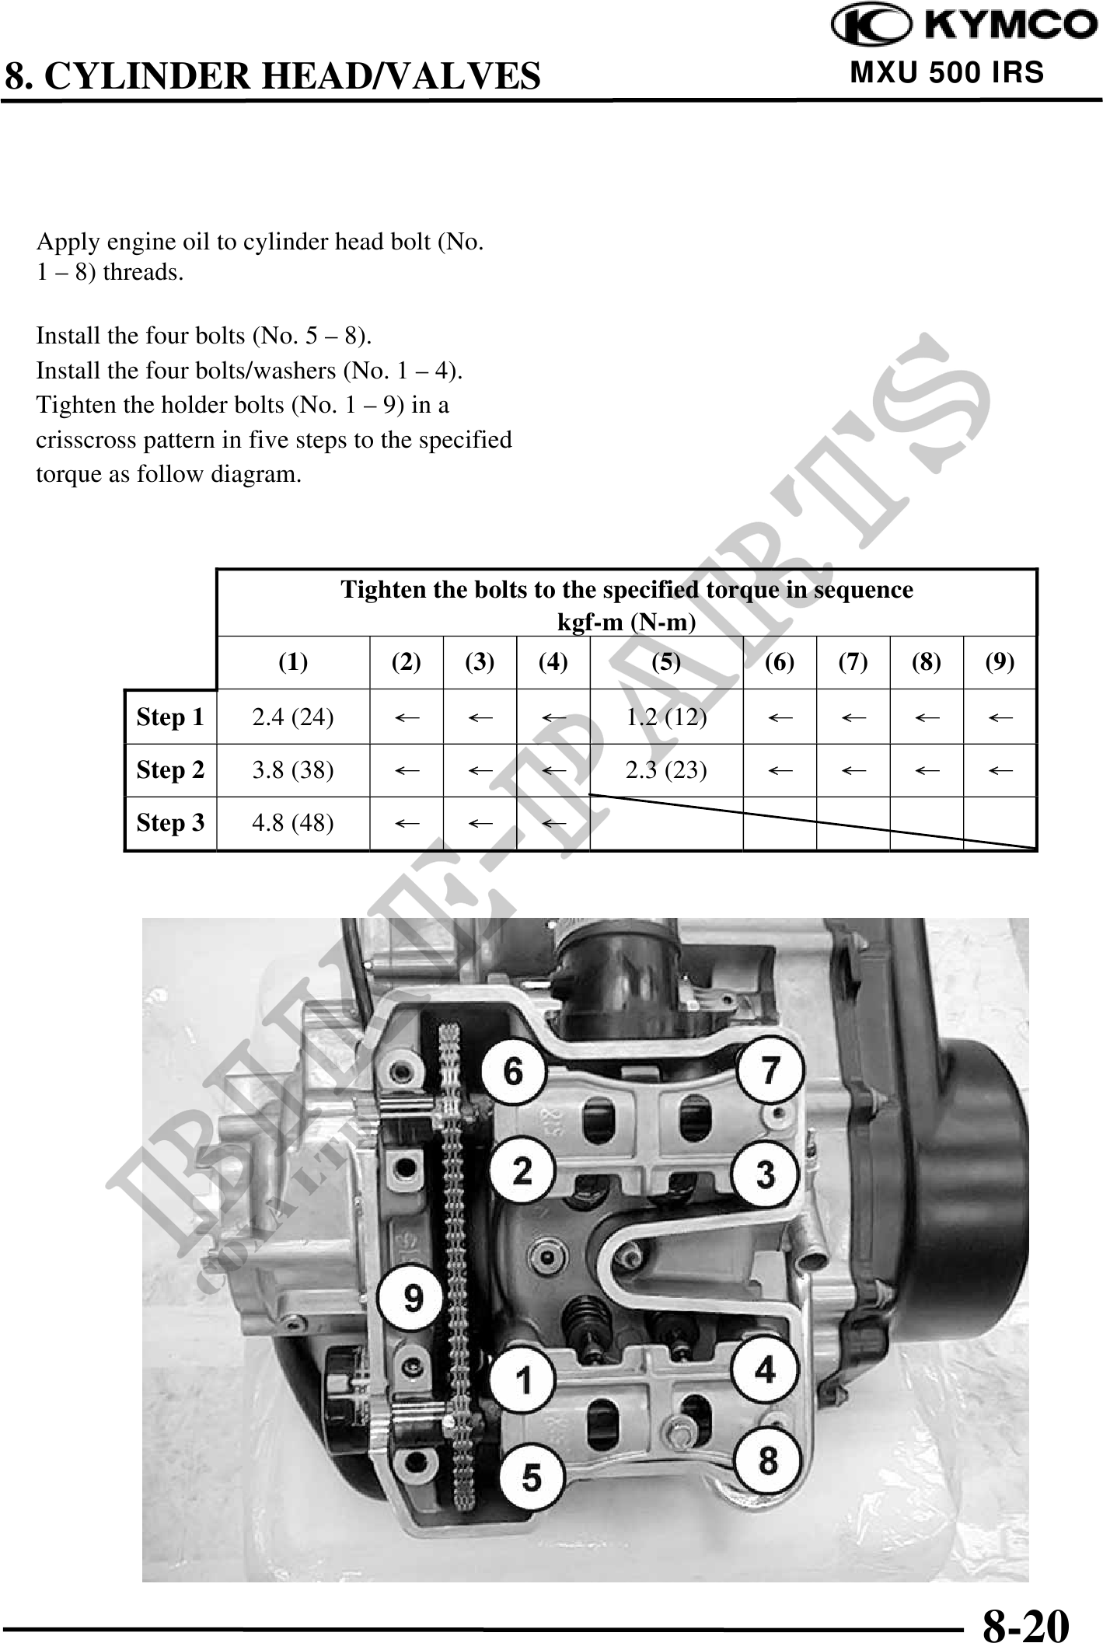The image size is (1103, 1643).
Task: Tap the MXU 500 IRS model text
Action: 948,72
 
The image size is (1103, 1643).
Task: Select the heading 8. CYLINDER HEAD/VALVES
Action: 272,76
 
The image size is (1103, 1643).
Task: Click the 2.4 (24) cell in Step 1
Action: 293,717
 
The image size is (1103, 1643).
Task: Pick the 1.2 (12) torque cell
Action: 666,717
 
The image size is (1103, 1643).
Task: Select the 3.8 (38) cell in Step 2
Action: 293,770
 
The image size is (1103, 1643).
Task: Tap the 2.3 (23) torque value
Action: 666,770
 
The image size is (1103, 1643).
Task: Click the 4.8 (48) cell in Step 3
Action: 293,823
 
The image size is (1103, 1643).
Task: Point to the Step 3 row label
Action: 170,823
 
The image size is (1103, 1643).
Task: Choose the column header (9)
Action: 1000,662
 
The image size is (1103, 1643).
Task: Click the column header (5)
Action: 666,662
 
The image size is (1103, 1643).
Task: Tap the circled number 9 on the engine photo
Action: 413,1297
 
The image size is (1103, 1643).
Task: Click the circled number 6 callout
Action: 513,1072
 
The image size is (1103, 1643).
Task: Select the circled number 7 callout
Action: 769,1070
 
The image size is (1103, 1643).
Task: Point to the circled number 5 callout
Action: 531,1477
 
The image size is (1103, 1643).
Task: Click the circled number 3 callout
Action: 766,1174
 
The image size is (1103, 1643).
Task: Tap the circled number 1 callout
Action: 524,1381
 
